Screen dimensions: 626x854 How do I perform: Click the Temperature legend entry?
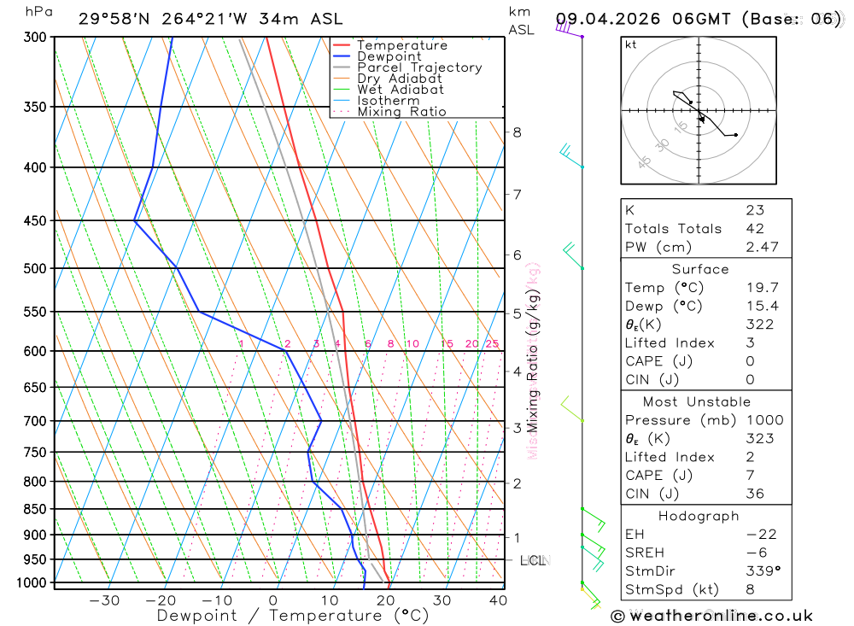click(401, 45)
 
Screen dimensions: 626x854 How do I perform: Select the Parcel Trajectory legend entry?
click(419, 67)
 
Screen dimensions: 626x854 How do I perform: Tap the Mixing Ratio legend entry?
click(401, 112)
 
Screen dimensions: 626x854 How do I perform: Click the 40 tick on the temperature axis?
click(498, 600)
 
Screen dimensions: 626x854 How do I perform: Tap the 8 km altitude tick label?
click(517, 132)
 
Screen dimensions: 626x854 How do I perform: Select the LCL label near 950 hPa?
click(533, 560)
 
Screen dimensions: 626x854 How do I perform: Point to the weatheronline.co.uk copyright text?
click(711, 616)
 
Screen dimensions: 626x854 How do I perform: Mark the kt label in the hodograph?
click(631, 44)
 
